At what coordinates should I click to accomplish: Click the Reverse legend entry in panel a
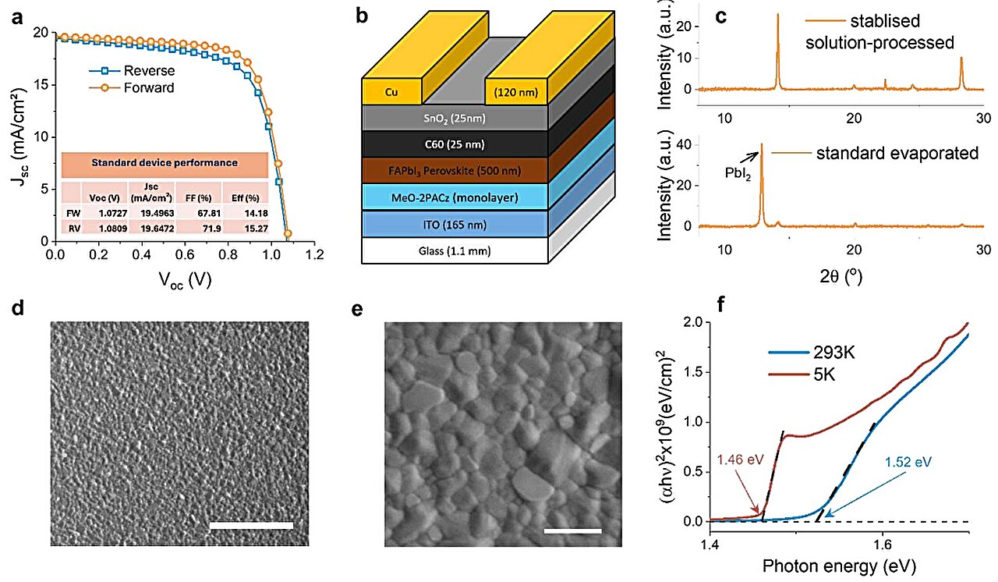149,71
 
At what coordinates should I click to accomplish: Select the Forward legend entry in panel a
149,87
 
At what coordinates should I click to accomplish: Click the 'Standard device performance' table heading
165,163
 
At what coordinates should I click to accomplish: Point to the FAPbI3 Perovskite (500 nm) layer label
455,170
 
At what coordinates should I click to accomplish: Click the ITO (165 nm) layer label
455,224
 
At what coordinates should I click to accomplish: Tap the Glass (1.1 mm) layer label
455,250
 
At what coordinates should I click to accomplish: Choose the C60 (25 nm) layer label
455,144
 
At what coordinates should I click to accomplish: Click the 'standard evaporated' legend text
897,153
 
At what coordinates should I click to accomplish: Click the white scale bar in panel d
251,526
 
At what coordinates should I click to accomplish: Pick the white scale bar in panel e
573,531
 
